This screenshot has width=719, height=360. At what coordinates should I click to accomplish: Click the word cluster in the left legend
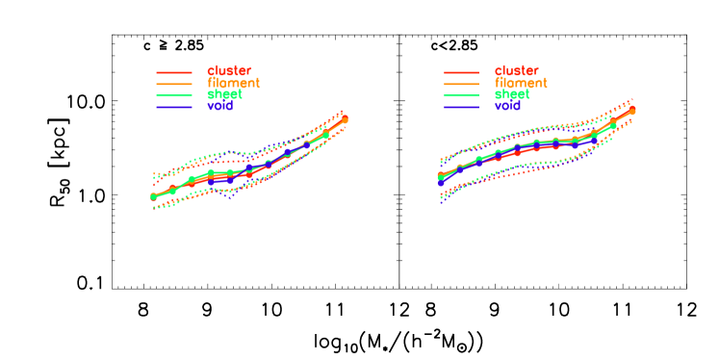229,71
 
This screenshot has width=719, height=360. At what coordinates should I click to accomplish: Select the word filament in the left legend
233,83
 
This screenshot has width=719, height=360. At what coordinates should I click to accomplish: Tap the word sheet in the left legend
224,94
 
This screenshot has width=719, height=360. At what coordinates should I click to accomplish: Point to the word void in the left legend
219,106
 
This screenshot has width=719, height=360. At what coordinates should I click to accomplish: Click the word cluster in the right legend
517,71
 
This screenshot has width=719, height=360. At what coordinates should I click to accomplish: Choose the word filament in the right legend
521,83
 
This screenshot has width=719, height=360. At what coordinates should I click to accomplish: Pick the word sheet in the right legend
512,94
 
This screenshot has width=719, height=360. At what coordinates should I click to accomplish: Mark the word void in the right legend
507,106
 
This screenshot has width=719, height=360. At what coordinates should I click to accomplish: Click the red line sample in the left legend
174,72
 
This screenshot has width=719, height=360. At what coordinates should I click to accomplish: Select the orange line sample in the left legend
174,84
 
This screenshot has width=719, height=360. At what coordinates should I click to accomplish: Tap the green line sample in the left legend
174,95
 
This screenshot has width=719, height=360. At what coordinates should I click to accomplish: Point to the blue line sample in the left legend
174,107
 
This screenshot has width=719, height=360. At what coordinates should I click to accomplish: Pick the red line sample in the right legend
462,72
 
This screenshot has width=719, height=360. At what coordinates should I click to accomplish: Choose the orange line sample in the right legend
462,84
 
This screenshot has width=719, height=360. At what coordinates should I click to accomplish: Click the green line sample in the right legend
462,95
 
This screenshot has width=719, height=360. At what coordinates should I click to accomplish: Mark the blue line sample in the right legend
462,107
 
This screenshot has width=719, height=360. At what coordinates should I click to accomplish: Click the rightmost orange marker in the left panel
345,119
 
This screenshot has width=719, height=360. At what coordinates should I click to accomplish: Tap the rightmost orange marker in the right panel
632,111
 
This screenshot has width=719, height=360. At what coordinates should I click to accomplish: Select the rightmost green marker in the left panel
325,135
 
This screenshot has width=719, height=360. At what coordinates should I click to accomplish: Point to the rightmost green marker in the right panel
613,125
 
